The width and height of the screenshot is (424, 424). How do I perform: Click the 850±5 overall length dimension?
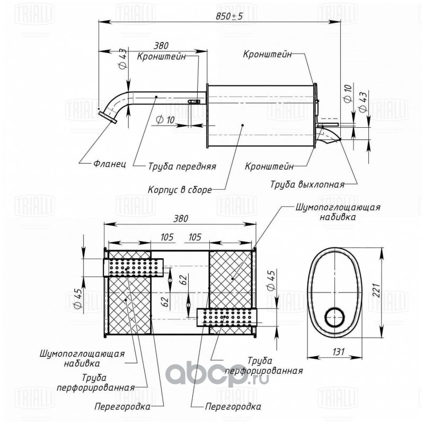click(x=229, y=16)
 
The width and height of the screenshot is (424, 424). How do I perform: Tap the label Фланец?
click(x=110, y=164)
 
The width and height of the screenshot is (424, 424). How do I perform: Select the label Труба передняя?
click(x=182, y=166)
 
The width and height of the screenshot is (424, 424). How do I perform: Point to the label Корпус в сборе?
click(x=180, y=190)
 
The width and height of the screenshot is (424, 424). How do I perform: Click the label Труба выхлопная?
click(x=307, y=184)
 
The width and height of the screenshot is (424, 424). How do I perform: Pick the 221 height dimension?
click(x=377, y=290)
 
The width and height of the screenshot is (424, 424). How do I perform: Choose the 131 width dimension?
click(x=338, y=351)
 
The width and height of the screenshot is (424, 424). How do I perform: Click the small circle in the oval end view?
click(x=335, y=317)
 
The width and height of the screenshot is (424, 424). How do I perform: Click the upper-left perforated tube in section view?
click(x=133, y=268)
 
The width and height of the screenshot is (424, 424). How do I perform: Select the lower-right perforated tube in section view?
click(x=227, y=317)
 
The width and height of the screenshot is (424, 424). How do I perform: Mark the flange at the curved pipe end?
click(x=108, y=117)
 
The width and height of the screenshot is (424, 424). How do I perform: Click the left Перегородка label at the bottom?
click(x=122, y=407)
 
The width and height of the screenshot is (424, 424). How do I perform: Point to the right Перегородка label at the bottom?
click(x=233, y=407)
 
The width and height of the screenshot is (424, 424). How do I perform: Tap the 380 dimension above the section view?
click(x=180, y=218)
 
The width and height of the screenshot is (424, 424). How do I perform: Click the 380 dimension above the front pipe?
click(x=161, y=46)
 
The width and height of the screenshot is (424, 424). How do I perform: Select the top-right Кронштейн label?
click(x=268, y=54)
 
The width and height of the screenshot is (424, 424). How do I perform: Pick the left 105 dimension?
click(x=167, y=237)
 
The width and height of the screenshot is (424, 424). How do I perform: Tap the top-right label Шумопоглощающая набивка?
click(x=338, y=212)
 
